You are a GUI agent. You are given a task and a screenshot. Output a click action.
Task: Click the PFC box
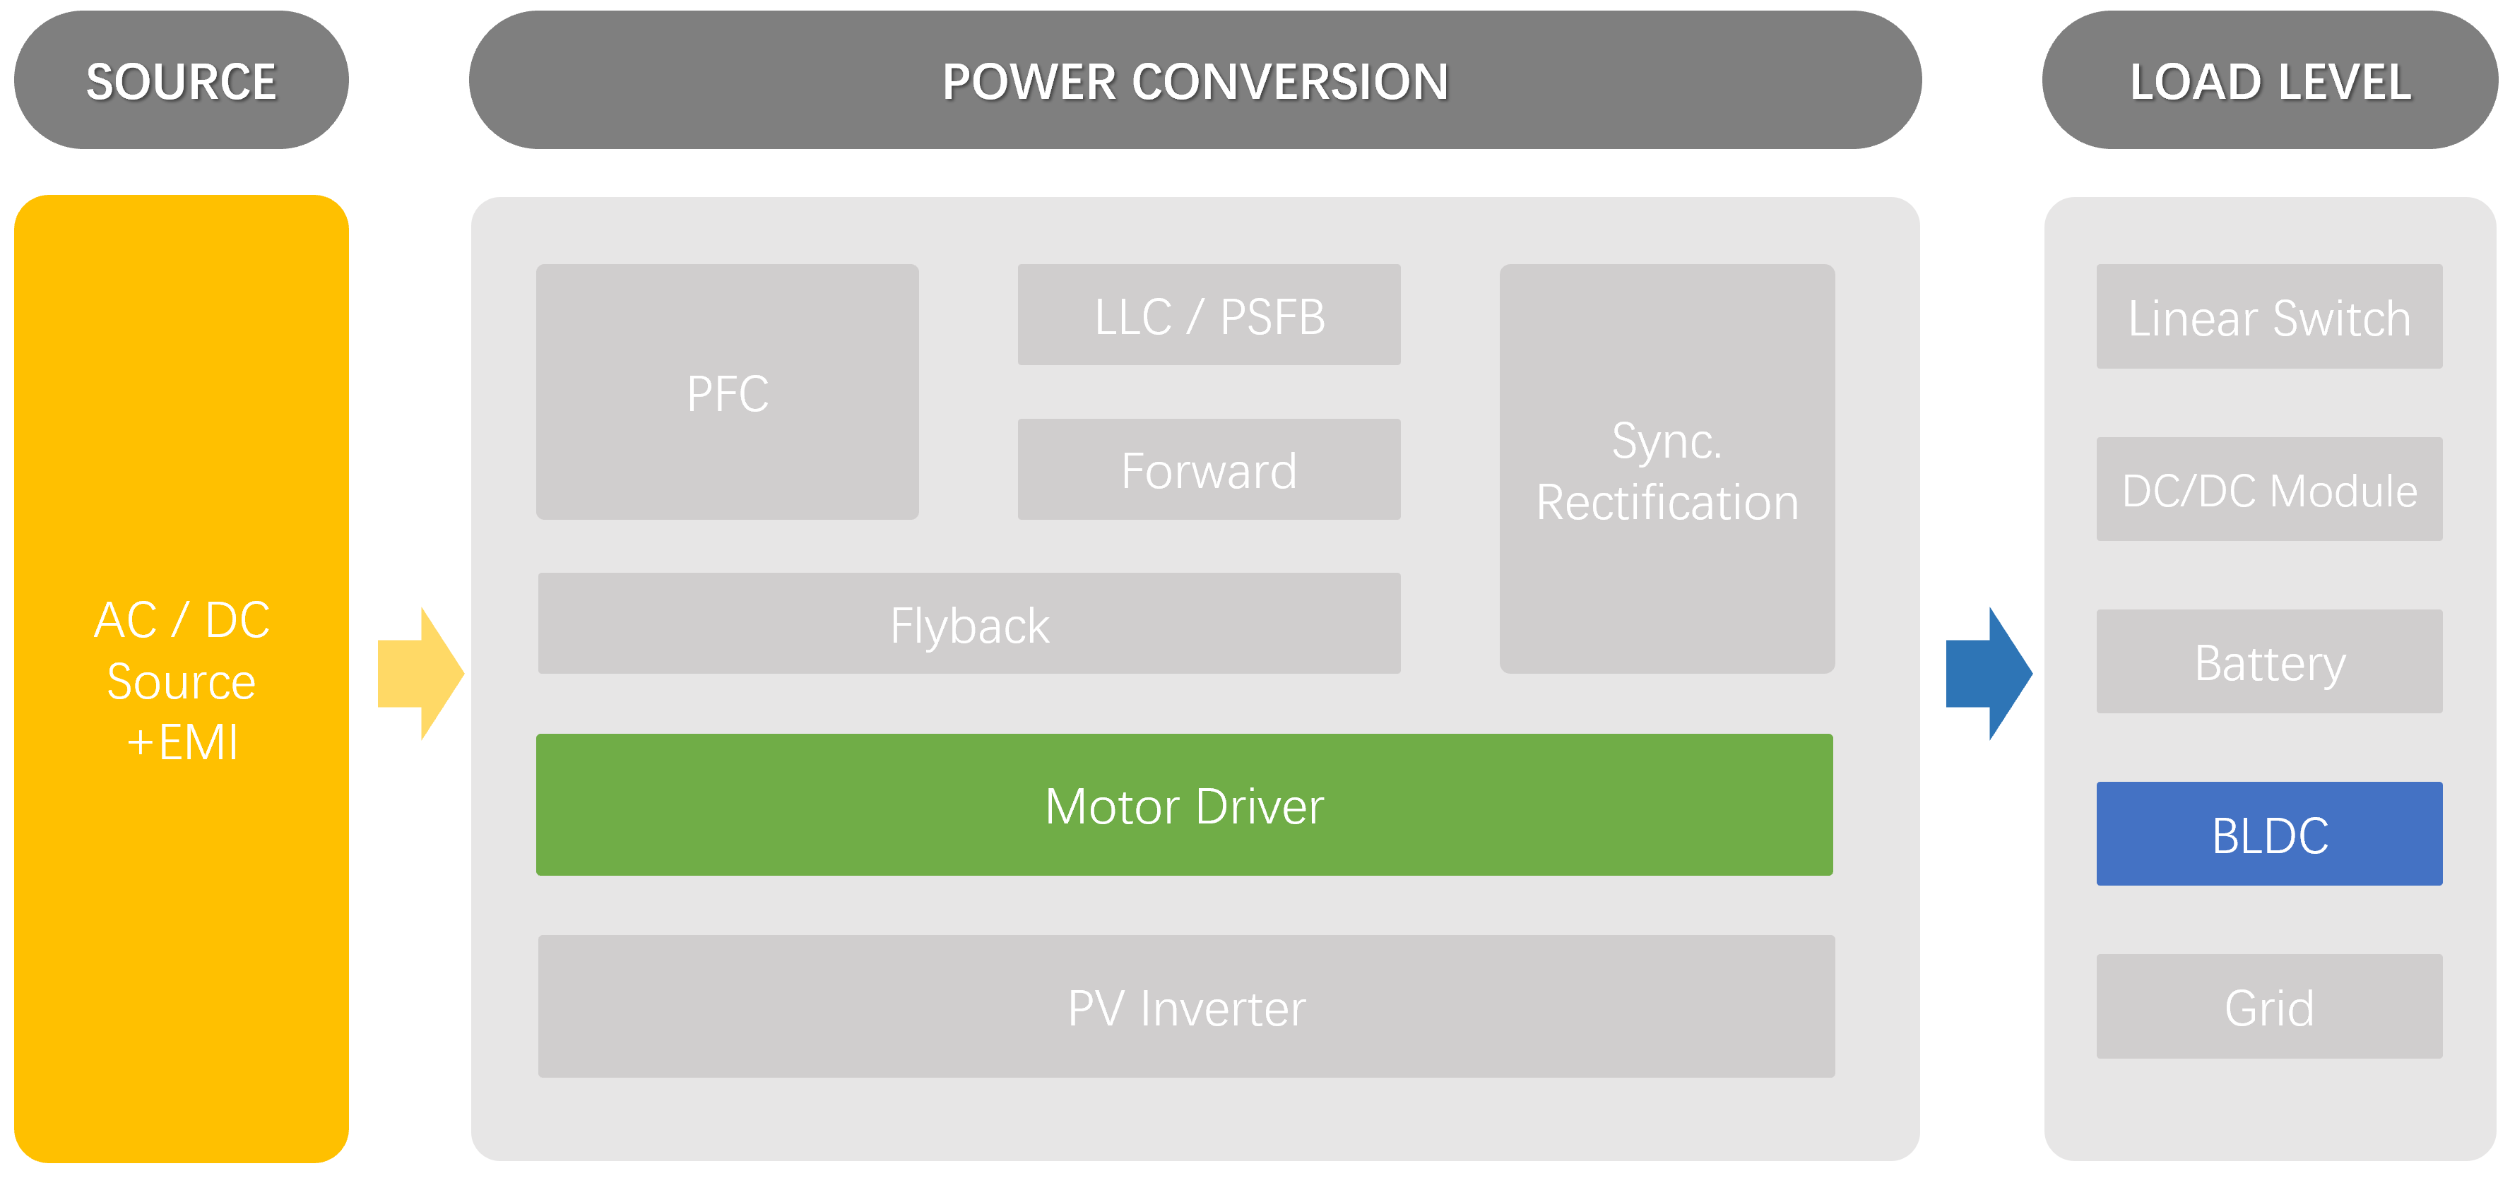point(727,393)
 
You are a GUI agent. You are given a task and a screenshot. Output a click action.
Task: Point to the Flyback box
point(969,624)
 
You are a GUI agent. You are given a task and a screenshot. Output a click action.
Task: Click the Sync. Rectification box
point(1667,470)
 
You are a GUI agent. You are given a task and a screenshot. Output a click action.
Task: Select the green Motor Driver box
point(1184,805)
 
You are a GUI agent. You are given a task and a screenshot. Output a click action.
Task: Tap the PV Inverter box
point(1186,1006)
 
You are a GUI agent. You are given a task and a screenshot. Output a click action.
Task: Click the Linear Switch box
point(2268,316)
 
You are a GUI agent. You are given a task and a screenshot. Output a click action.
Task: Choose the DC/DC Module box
point(2268,489)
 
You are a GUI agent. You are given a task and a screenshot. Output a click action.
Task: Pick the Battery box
point(2268,662)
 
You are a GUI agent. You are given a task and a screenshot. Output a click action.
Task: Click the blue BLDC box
point(2268,834)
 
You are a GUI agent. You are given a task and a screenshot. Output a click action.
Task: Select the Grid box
point(2268,1006)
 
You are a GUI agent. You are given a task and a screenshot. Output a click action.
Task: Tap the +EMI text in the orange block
point(182,742)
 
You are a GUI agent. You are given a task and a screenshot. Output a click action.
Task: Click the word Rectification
point(1667,503)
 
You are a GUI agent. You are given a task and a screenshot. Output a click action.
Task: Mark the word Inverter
point(1223,1008)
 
